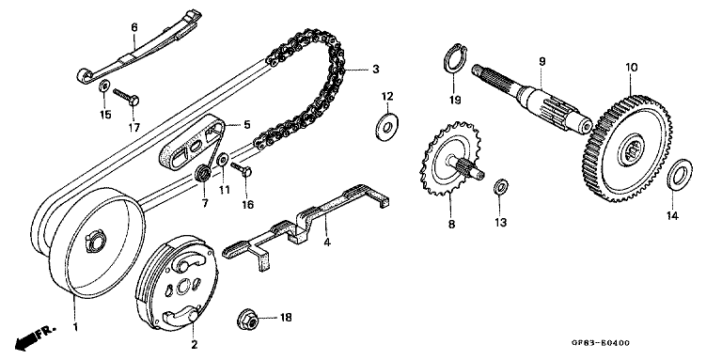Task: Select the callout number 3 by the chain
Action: tap(375, 69)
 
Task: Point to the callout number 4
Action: tap(327, 243)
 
